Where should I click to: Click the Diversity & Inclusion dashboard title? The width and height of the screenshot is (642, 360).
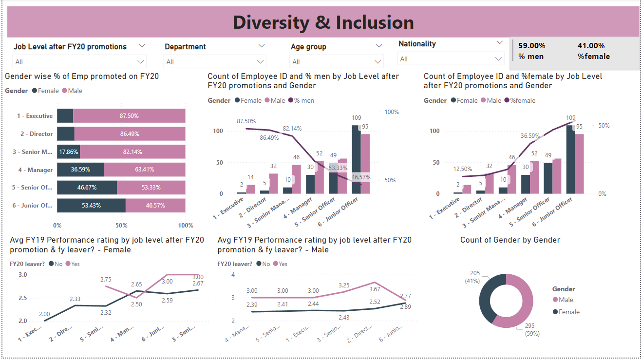click(323, 22)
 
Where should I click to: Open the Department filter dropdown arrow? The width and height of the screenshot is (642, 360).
click(262, 46)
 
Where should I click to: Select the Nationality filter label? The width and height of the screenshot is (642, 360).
click(417, 44)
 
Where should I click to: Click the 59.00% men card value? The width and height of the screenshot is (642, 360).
click(531, 46)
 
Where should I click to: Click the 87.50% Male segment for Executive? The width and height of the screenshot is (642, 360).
click(129, 116)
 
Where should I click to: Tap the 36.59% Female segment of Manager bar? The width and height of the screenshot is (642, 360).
click(80, 170)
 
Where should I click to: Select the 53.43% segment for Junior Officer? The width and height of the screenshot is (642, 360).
click(91, 206)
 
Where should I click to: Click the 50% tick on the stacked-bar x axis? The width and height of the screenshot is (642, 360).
click(121, 226)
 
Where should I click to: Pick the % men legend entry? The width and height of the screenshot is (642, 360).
click(302, 101)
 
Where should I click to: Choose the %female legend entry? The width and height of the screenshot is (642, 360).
click(522, 101)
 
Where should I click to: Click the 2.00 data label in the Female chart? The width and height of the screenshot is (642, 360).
click(45, 314)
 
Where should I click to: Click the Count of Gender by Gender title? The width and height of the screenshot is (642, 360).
click(510, 240)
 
